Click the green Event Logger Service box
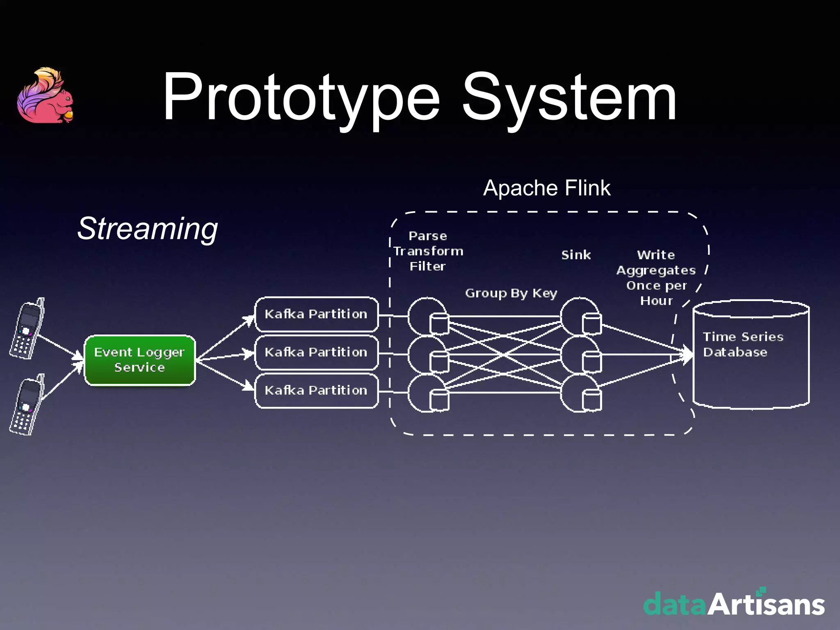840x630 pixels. point(139,360)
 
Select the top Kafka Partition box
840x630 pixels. point(316,314)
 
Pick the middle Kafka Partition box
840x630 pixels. point(316,352)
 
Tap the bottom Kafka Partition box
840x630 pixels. point(316,390)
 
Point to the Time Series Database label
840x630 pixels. point(743,345)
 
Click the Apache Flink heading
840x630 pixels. point(546,188)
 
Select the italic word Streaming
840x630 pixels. point(148,228)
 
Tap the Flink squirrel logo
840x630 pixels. point(46,96)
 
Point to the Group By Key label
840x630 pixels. point(511,293)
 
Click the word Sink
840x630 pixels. point(576,255)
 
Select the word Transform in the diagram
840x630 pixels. point(428,251)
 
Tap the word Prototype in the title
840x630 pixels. point(301,98)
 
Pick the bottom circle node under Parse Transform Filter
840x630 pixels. point(427,393)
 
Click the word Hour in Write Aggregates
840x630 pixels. point(656,301)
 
